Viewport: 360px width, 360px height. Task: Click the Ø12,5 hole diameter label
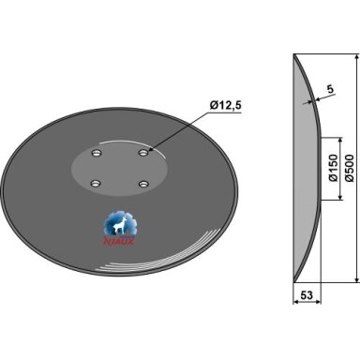tap(226, 106)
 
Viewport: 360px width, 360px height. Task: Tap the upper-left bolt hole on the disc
tap(96, 153)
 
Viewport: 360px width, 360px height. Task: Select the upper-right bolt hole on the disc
tap(143, 153)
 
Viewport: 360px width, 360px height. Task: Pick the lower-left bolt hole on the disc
tap(95, 184)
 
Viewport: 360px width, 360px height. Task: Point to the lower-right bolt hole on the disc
tap(143, 184)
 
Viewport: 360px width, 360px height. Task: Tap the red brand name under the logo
tap(119, 241)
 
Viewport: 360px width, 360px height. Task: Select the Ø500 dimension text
tap(350, 168)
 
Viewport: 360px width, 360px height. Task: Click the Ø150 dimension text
tap(334, 168)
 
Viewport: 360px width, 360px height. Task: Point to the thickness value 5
tap(330, 90)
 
